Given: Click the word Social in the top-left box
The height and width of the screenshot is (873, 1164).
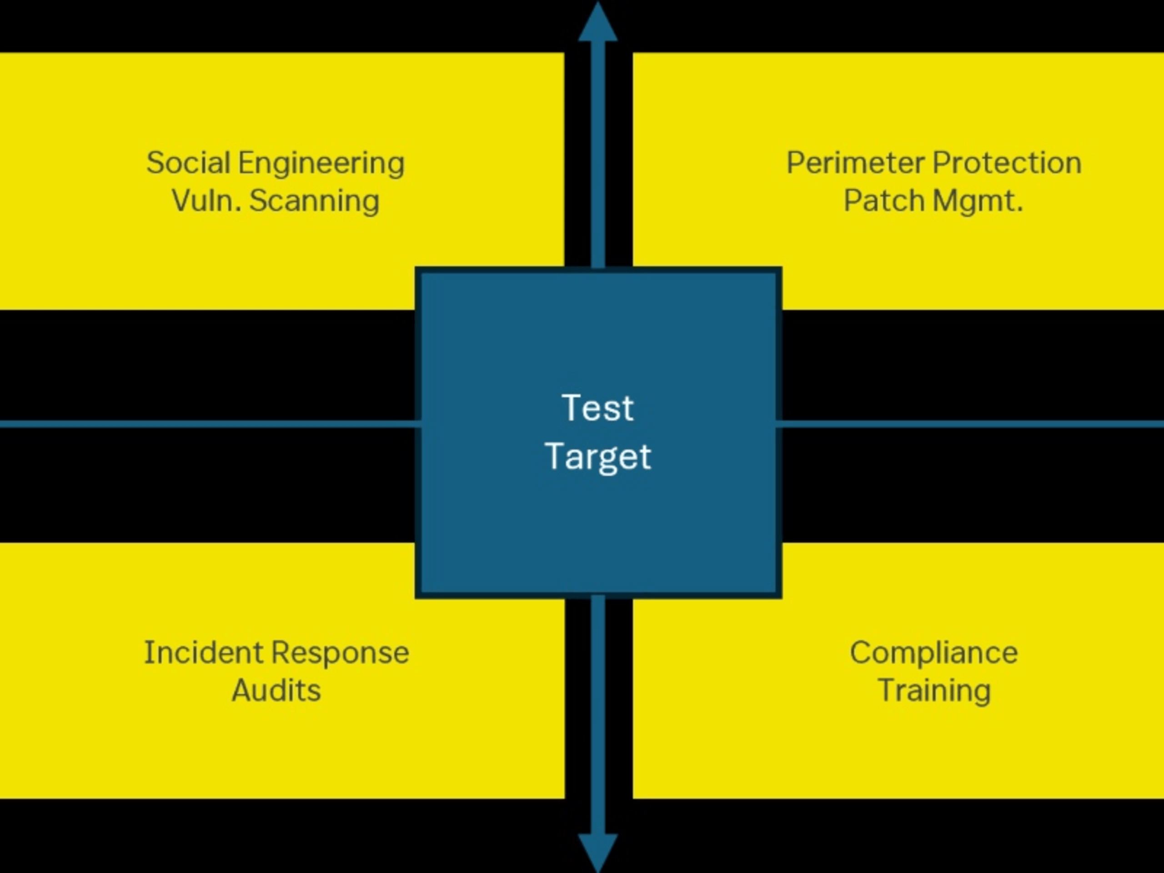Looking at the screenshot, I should [x=188, y=163].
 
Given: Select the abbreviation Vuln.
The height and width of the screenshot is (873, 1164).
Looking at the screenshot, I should [x=206, y=201].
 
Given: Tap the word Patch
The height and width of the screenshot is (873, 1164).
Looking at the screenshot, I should [x=883, y=201].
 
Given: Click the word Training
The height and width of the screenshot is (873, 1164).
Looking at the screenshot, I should [x=934, y=692].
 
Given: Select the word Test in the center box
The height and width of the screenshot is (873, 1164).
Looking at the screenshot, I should [x=598, y=408].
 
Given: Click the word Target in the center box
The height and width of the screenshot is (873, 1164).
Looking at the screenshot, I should [x=598, y=457].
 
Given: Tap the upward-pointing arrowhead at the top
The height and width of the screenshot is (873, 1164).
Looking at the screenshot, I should [x=598, y=24].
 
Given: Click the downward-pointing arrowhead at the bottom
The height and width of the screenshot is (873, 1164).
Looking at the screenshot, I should [x=598, y=850].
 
